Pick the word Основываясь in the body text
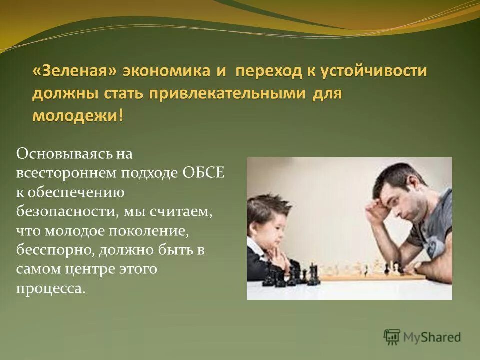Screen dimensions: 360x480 (x=59, y=154)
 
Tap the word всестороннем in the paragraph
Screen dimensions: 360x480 (x=66, y=173)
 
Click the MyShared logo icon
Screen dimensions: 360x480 (x=392, y=337)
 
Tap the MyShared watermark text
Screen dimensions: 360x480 (x=432, y=338)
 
